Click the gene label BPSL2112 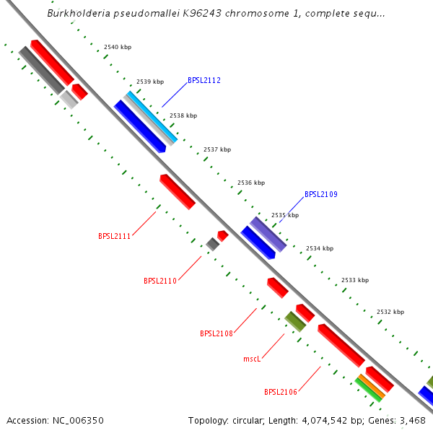204,81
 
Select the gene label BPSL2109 321,194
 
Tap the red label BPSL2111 115,236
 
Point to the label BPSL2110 160,281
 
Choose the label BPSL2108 216,333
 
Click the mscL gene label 252,358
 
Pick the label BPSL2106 281,393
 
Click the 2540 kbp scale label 118,47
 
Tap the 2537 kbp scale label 217,149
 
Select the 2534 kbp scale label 320,248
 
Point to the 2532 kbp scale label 390,312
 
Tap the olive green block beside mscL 295,320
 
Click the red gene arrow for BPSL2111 178,192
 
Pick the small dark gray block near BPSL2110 212,245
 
